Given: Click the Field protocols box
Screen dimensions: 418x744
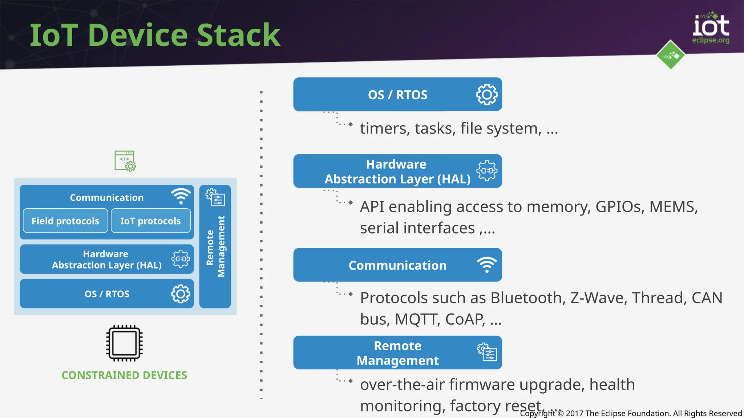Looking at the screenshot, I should coord(65,221).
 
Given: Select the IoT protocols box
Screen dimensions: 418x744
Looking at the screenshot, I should coord(150,221).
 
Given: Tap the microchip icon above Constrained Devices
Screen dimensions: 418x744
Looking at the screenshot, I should coord(124,343).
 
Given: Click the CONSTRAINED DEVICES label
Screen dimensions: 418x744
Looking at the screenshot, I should coord(124,375).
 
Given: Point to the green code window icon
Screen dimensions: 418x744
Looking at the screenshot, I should coord(125,161).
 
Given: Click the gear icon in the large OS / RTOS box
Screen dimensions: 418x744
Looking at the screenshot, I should coord(487,95).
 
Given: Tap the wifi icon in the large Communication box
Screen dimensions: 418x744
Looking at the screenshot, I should coord(487,265).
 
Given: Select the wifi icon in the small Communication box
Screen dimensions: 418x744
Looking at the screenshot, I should coord(181,196).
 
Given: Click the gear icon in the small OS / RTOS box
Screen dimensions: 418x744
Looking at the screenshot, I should coord(181,294).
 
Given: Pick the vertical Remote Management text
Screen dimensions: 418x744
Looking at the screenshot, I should coord(215,247).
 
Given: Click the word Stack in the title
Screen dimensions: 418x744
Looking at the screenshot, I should coord(239,35).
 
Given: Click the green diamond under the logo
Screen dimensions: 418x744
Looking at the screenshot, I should coord(671,55).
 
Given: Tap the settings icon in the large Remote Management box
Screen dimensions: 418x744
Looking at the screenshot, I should coord(487,352).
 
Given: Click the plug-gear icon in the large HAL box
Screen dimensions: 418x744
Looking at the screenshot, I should coord(487,171).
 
